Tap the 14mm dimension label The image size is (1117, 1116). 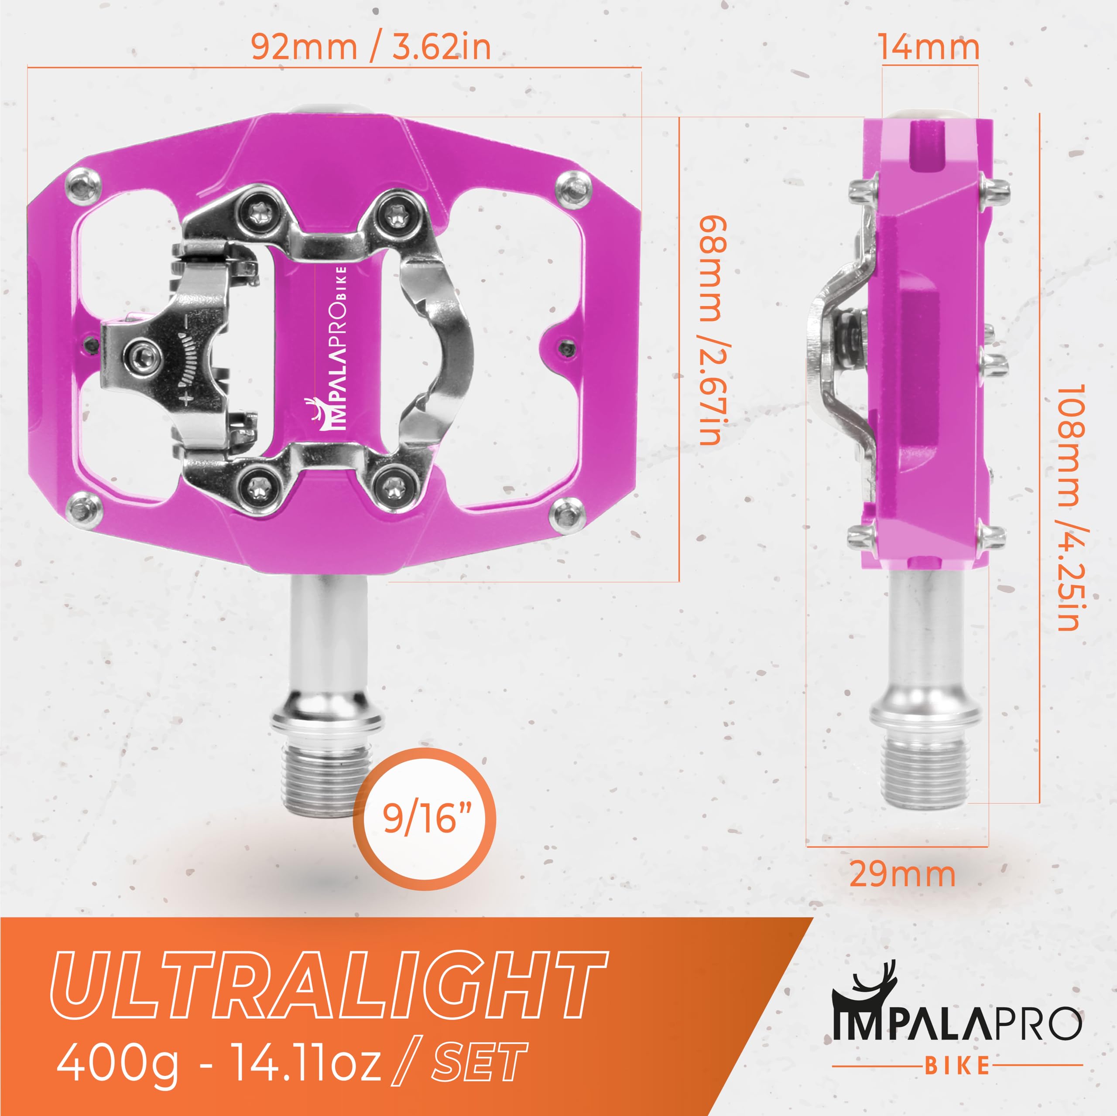929,48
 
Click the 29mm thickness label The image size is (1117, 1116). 902,874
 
